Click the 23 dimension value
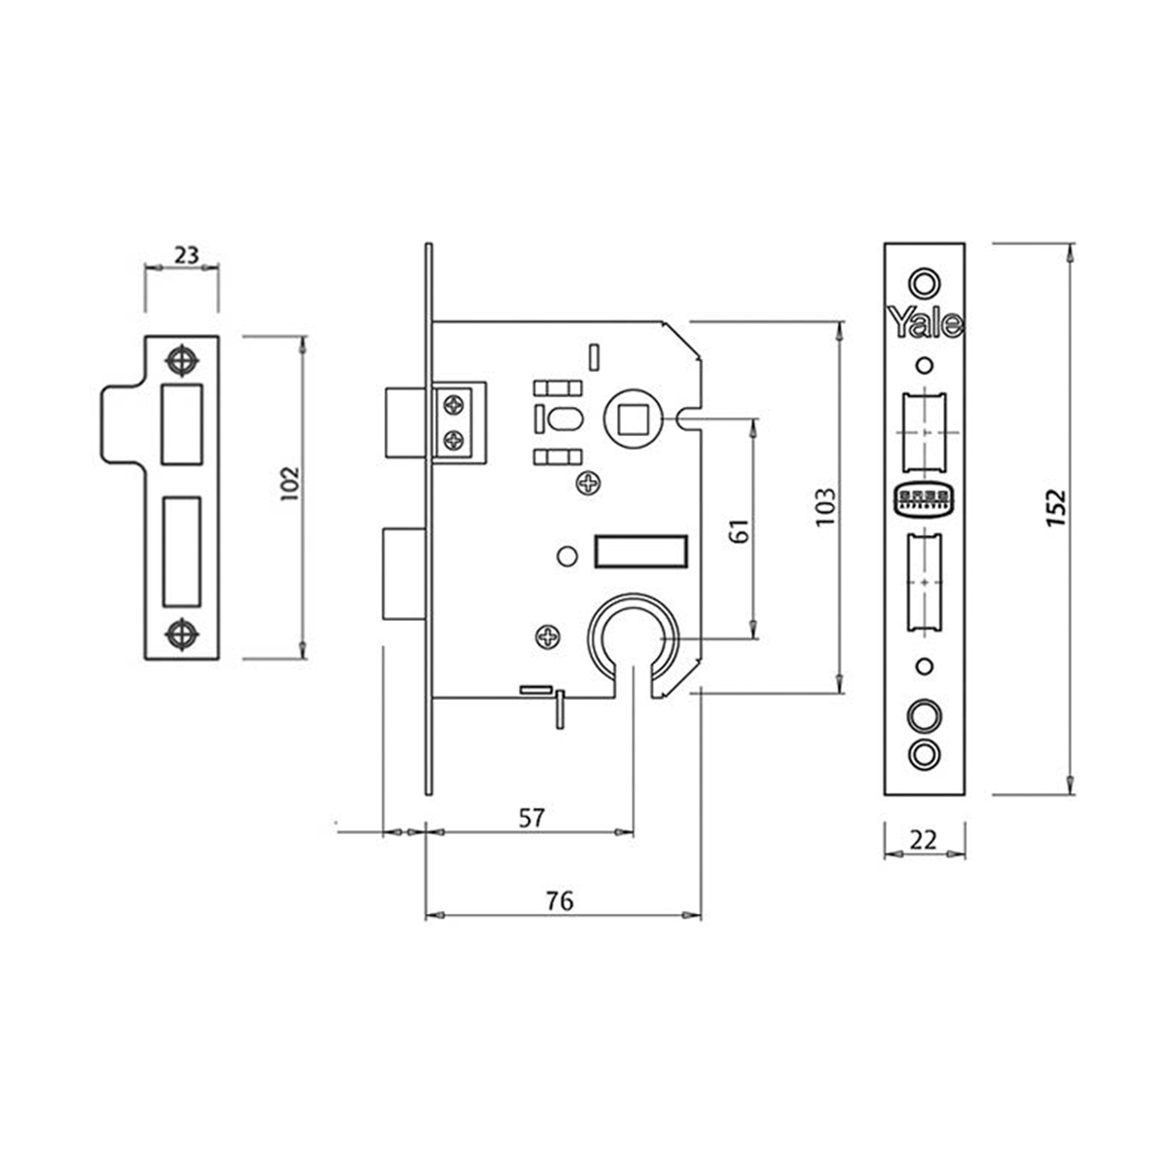pos(186,255)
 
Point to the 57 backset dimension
pos(529,818)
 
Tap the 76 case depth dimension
pos(560,901)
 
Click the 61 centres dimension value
pos(739,531)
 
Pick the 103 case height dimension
pos(823,506)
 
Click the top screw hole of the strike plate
pos(181,359)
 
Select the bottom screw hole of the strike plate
pos(181,634)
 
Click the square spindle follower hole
pos(631,417)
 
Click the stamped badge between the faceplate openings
pos(924,499)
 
